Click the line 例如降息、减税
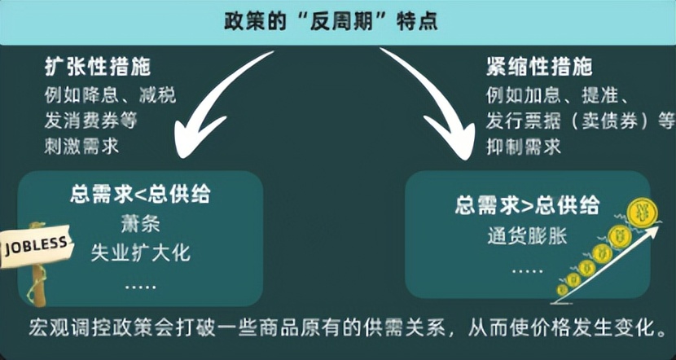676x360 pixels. [x=110, y=94]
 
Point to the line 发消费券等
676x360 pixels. [x=90, y=121]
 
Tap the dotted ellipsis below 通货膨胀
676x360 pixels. [x=527, y=267]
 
